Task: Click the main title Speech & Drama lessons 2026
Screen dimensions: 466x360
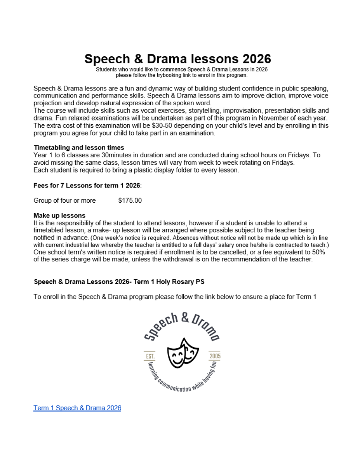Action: pyautogui.click(x=177, y=59)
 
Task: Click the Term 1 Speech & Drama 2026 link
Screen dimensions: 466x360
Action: pyautogui.click(x=77, y=408)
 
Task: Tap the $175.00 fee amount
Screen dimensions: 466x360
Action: pyautogui.click(x=130, y=200)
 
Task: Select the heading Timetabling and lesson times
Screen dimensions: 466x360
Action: pyautogui.click(x=79, y=148)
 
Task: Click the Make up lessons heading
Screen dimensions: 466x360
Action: pyautogui.click(x=59, y=216)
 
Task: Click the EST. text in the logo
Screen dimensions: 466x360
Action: pyautogui.click(x=150, y=356)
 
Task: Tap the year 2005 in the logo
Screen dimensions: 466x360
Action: pyautogui.click(x=215, y=356)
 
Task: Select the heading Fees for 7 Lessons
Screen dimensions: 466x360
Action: pyautogui.click(x=87, y=185)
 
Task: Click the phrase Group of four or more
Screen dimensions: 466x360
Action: pyautogui.click(x=64, y=200)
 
